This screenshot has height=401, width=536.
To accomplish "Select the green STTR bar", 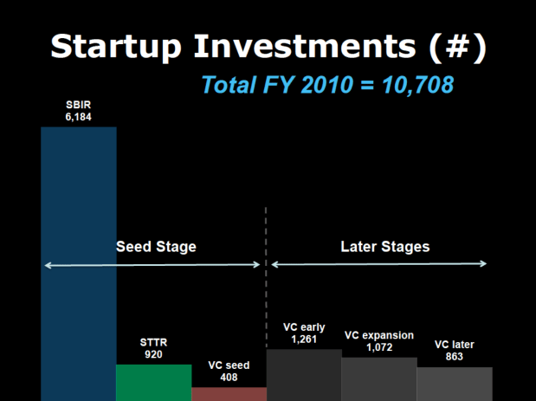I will click(153, 382).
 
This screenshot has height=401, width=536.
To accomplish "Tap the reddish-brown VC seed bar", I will click(229, 394).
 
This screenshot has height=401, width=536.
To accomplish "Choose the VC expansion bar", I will click(378, 378).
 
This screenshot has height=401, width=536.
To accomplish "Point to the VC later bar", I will click(455, 384).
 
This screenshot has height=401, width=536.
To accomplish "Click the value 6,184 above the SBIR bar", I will click(78, 116).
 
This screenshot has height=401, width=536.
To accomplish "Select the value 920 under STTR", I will click(153, 354).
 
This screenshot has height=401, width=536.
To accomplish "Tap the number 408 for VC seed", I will click(229, 378).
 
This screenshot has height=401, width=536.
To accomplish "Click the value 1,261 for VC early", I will click(303, 340).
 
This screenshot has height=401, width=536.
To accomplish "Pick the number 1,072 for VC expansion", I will click(378, 347).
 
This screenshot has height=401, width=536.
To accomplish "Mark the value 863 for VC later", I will click(455, 357).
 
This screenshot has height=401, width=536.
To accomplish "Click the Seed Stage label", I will click(156, 247).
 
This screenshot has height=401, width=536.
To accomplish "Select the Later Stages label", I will click(384, 247).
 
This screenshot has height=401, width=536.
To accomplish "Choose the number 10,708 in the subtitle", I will click(412, 85).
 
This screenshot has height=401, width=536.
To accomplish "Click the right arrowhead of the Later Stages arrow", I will click(485, 264).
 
